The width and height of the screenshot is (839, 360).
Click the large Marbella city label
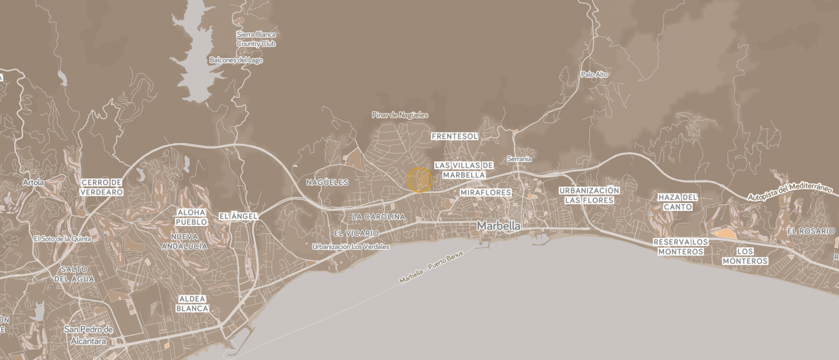point(498,226)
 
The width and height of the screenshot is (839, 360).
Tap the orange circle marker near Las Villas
point(419,180)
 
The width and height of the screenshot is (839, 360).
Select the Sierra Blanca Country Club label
point(256,38)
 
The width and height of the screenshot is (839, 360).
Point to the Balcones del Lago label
point(236,60)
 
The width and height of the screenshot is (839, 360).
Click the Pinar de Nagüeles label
point(400,115)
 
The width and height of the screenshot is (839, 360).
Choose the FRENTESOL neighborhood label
point(455,136)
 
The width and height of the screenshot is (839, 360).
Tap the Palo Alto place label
point(594,74)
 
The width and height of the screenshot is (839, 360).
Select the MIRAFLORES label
point(485,192)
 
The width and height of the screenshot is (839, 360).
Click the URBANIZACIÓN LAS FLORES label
point(589,195)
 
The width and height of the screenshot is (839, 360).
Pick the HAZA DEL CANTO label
point(678,202)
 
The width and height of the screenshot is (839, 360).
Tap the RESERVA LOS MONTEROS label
point(680,247)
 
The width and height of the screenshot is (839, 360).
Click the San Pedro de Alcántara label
point(88,335)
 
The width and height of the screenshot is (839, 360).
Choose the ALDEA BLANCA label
point(193,304)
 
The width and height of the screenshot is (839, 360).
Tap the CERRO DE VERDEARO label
point(101,187)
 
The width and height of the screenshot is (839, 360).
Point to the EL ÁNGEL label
point(238,217)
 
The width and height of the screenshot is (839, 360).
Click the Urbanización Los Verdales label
point(350,247)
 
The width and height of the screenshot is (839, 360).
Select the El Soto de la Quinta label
point(62,239)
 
